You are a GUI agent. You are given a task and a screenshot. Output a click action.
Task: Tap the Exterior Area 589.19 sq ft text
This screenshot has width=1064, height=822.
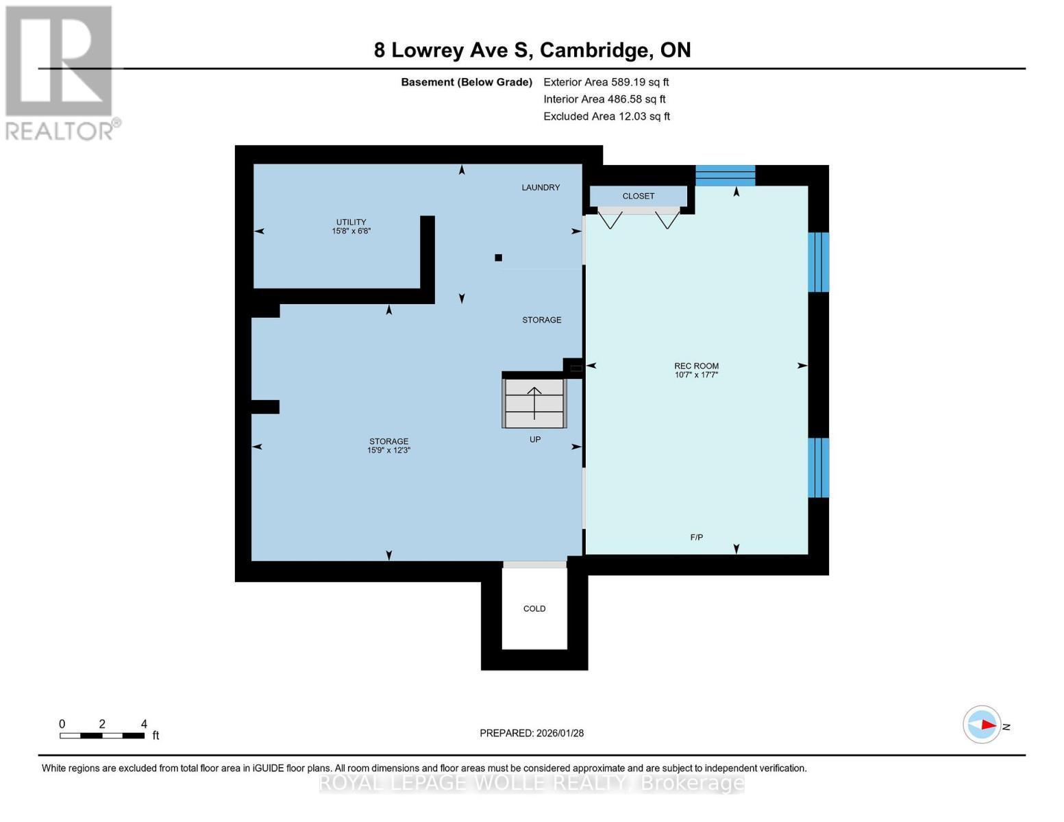point(606,82)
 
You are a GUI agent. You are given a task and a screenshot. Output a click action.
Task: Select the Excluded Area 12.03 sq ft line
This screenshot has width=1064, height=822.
point(606,116)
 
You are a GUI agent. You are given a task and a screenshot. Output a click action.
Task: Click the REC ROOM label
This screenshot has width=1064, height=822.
point(696,366)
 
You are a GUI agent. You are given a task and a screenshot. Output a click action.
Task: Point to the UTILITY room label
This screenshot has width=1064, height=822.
point(351,222)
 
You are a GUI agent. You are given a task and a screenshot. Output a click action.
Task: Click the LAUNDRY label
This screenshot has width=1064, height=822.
point(541,188)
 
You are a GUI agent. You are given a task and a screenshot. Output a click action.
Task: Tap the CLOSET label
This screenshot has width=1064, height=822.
point(638,197)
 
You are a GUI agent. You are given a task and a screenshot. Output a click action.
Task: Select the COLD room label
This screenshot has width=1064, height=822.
point(534,609)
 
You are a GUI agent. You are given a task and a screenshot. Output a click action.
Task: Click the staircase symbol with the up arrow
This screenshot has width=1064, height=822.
point(534,403)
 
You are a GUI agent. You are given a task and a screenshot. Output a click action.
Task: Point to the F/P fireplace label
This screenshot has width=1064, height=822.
point(696,538)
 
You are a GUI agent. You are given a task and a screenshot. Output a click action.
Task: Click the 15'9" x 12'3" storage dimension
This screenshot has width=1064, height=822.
point(388,451)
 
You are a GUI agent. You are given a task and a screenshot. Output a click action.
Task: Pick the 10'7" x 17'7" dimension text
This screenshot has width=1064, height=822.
point(696,375)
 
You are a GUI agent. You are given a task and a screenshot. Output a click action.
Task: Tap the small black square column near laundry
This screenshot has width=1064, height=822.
point(499,258)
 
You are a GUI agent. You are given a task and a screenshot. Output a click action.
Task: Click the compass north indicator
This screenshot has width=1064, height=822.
point(982,725)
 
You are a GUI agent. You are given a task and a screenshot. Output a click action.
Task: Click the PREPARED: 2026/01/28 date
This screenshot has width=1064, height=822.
point(532,734)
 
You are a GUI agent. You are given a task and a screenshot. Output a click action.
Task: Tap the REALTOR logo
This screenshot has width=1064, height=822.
point(60,72)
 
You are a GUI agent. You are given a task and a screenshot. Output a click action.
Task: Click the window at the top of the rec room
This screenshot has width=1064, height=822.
point(725,175)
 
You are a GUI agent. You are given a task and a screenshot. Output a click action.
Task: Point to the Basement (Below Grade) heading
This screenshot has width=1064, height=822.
point(466,82)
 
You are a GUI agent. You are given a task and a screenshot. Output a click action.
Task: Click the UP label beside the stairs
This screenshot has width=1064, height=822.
point(535,440)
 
